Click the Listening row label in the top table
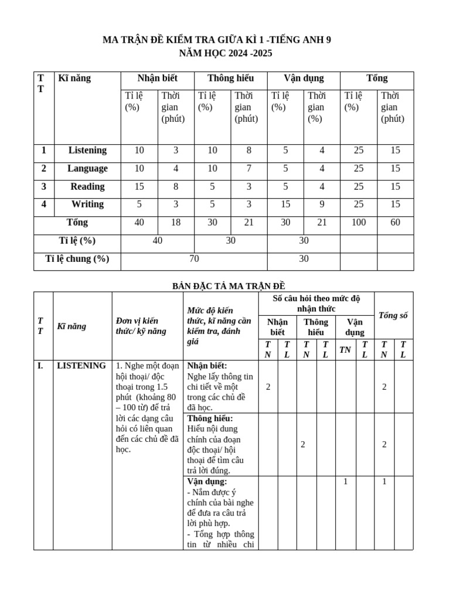click(87, 151)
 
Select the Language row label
click(87, 169)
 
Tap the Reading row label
click(87, 187)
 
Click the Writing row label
click(87, 204)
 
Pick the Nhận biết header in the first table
click(157, 79)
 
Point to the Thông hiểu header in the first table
click(230, 79)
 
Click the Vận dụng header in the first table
click(304, 79)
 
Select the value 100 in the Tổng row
click(359, 223)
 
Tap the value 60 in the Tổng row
click(396, 223)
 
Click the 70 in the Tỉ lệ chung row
click(194, 259)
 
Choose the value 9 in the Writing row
click(322, 204)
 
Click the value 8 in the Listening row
click(248, 151)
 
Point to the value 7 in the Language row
click(248, 169)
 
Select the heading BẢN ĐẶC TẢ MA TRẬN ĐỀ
click(228, 286)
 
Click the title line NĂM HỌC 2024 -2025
click(225, 53)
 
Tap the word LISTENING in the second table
click(81, 366)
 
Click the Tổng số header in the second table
click(393, 315)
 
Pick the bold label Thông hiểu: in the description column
click(210, 418)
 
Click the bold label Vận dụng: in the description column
click(207, 482)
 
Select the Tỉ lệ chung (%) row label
click(77, 259)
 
